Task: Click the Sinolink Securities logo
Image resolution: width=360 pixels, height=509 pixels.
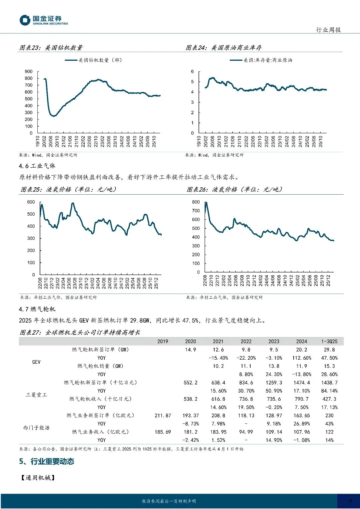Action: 44,20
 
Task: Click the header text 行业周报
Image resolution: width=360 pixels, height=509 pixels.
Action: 328,30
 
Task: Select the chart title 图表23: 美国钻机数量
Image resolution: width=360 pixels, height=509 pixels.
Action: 51,48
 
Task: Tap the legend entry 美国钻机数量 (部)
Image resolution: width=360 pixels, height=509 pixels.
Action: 100,60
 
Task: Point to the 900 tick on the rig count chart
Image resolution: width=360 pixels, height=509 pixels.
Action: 29,72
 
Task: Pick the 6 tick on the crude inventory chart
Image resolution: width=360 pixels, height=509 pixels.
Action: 192,72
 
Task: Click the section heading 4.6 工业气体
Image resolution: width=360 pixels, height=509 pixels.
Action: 37,166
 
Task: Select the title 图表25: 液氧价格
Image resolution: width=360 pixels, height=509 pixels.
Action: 69,190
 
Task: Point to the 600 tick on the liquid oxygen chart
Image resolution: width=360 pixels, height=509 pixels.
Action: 31,202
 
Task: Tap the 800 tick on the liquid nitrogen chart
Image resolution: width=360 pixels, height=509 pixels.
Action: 196,202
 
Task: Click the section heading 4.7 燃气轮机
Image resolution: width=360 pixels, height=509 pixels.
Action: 37,309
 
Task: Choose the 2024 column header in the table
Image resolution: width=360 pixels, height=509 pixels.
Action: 302,341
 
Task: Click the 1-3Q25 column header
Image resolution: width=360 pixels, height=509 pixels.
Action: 329,341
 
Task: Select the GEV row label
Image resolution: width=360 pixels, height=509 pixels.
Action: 36,362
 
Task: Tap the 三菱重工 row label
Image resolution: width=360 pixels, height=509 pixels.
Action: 36,395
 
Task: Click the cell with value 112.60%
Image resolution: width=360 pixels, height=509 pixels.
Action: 302,358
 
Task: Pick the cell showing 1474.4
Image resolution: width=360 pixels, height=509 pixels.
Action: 302,383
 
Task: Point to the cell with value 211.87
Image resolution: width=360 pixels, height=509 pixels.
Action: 163,416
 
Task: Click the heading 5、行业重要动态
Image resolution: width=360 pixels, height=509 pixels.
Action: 47,462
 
